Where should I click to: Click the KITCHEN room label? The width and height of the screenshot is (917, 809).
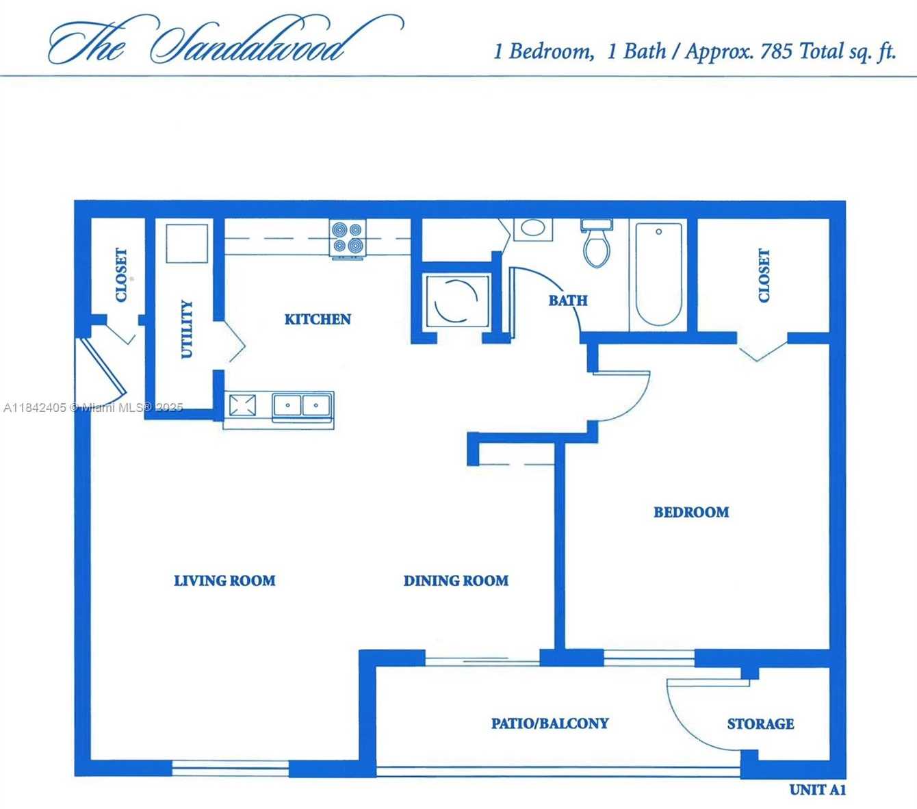[x=318, y=319]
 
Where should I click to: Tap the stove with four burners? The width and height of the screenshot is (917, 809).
[x=348, y=238]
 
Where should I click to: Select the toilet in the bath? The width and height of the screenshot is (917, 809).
[x=597, y=244]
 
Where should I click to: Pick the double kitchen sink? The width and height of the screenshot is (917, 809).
[x=302, y=405]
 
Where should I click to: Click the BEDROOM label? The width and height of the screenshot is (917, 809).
[x=691, y=512]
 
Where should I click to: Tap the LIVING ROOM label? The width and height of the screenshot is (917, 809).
[x=224, y=580]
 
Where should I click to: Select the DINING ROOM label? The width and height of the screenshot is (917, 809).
[x=456, y=580]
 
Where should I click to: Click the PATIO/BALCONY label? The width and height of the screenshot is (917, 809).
[x=550, y=723]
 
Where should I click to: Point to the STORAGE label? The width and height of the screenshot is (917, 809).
[x=760, y=724]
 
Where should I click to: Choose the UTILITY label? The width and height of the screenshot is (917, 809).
[x=186, y=329]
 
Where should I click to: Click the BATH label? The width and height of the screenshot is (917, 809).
[x=568, y=300]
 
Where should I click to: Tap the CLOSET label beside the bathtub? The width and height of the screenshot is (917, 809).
[x=764, y=275]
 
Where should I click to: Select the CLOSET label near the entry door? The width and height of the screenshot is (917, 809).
[x=121, y=274]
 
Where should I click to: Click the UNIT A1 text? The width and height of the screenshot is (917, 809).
[x=818, y=790]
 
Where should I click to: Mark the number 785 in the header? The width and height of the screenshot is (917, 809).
[x=776, y=51]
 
